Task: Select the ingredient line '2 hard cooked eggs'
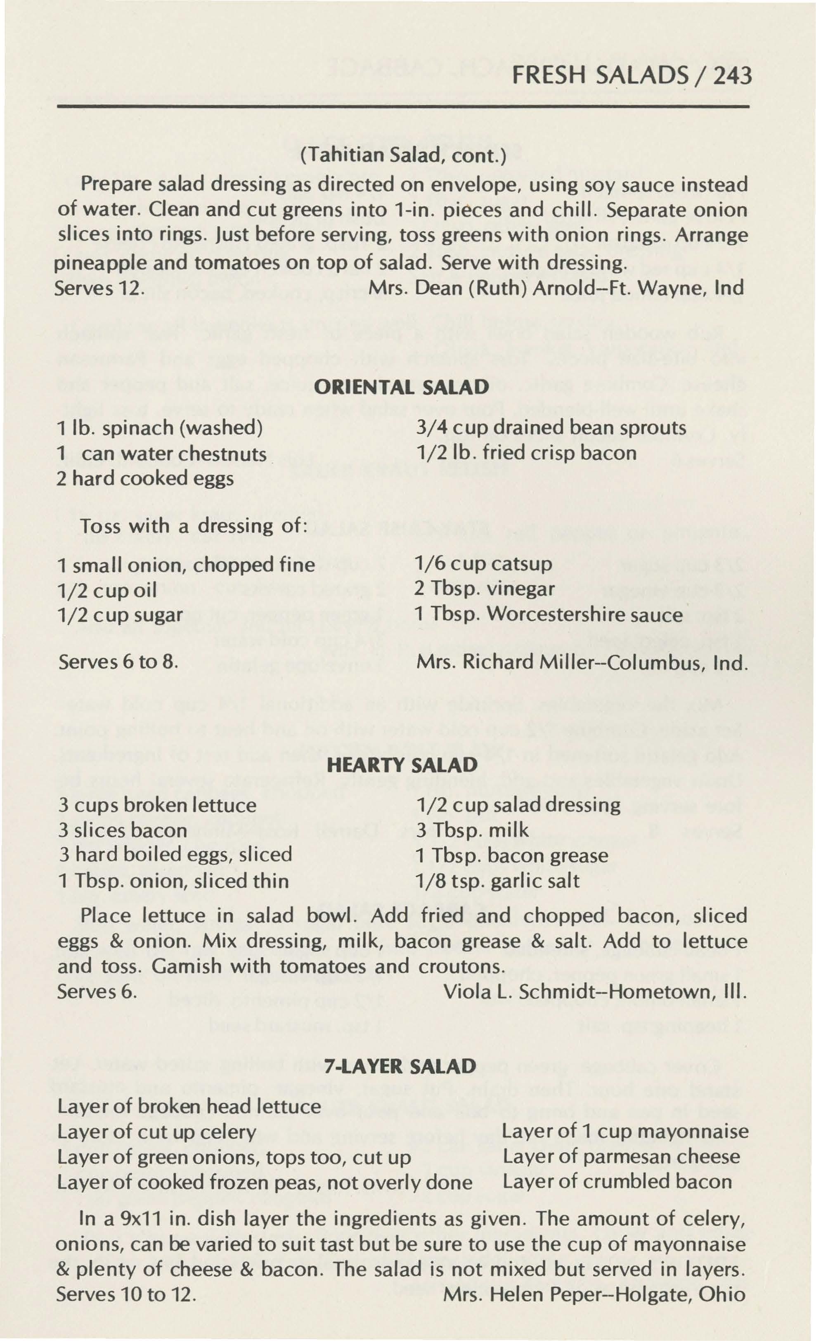145,478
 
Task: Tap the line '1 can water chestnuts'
162,453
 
